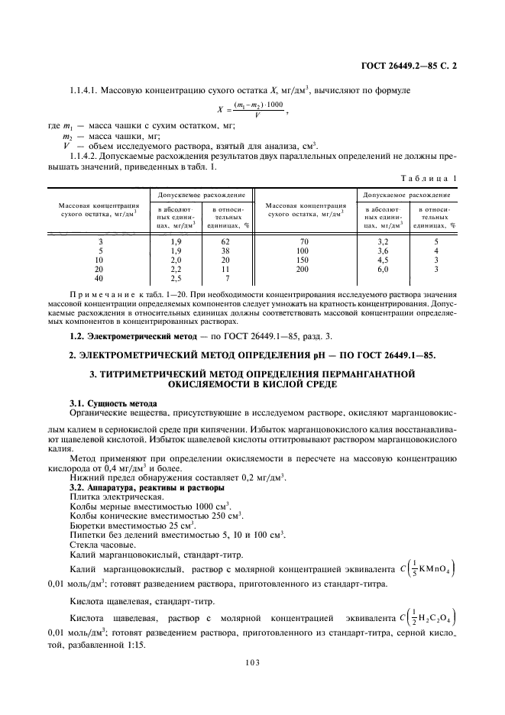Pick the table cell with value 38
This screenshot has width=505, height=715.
click(x=225, y=251)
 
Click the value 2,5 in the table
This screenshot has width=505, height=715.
click(x=175, y=278)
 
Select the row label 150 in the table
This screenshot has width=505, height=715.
click(x=303, y=260)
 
